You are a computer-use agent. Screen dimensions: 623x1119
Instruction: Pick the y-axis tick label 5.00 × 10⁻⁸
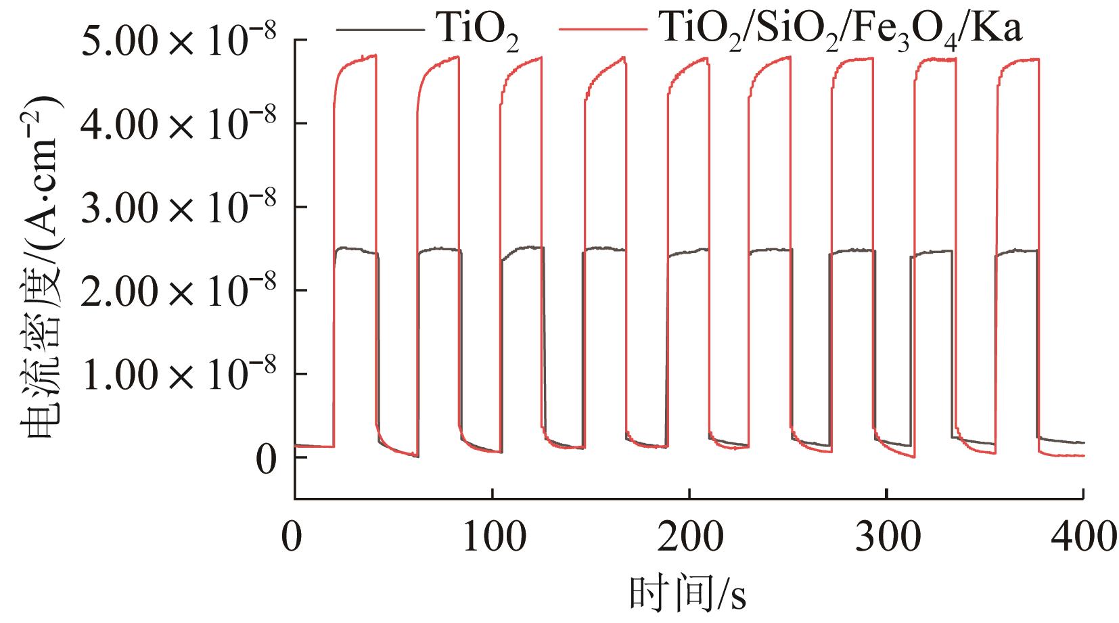[x=179, y=41]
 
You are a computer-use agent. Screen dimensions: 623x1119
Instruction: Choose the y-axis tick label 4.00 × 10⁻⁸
[x=179, y=124]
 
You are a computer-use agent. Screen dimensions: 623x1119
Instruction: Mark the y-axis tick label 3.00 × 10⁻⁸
[x=179, y=208]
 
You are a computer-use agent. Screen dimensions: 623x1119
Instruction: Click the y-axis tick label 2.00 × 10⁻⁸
[x=179, y=292]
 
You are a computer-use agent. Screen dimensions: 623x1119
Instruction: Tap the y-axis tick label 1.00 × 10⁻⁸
[x=179, y=375]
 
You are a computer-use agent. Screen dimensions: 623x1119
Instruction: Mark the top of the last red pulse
[x=1019, y=60]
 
